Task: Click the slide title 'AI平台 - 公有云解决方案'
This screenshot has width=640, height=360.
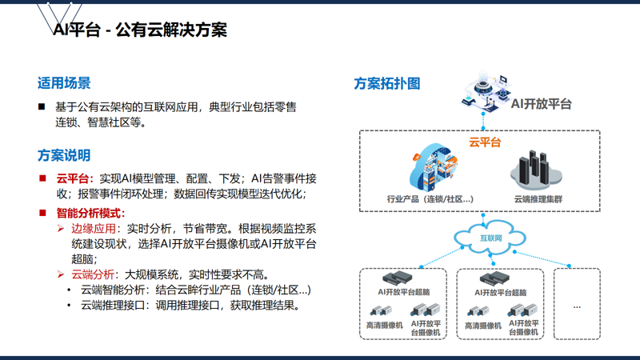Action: (140, 30)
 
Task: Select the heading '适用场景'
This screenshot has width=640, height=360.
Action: (64, 83)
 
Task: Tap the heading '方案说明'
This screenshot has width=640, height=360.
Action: (64, 155)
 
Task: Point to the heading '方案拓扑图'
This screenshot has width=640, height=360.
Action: (387, 84)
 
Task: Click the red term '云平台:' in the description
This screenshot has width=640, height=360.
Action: (75, 178)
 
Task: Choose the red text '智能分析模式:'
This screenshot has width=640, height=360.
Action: (90, 213)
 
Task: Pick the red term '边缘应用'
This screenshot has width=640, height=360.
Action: (94, 229)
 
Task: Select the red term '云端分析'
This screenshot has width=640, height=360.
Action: (93, 274)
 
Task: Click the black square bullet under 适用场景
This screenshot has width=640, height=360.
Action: (42, 107)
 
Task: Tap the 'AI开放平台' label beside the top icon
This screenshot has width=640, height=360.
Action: (542, 104)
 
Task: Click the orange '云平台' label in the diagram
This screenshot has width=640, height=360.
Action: (485, 142)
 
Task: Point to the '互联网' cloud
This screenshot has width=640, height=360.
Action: (490, 238)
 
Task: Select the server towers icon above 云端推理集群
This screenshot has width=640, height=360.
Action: (536, 170)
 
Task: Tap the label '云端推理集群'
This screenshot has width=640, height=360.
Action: (538, 199)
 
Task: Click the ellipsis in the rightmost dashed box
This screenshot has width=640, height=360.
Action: (577, 307)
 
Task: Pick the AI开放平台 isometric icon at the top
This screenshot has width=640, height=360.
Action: (486, 90)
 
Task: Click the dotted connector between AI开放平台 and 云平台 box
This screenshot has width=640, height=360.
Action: (483, 121)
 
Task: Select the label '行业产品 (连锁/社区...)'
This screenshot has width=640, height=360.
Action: (430, 199)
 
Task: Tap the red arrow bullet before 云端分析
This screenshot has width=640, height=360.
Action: (61, 274)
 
